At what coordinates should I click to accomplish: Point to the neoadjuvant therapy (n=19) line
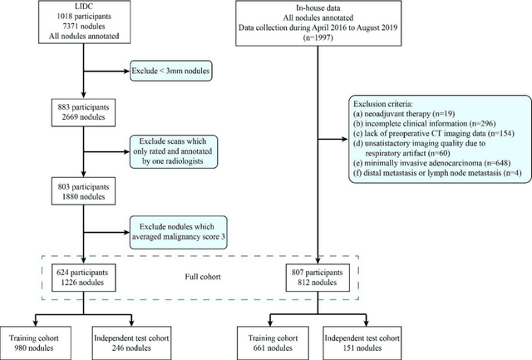click(406, 119)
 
